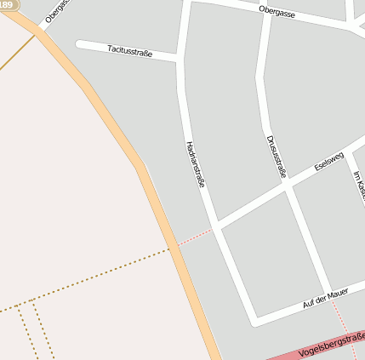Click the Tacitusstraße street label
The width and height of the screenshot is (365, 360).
click(130, 51)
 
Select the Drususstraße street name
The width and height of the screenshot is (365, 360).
click(276, 156)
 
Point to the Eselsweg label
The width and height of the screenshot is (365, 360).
click(328, 159)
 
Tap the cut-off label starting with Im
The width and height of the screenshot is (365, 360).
click(359, 188)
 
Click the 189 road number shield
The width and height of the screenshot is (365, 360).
click(8, 5)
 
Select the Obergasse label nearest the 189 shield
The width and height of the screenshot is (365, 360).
click(56, 11)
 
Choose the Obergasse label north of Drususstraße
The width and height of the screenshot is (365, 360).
click(277, 11)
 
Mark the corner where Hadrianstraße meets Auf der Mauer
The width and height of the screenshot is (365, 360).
click(254, 322)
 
